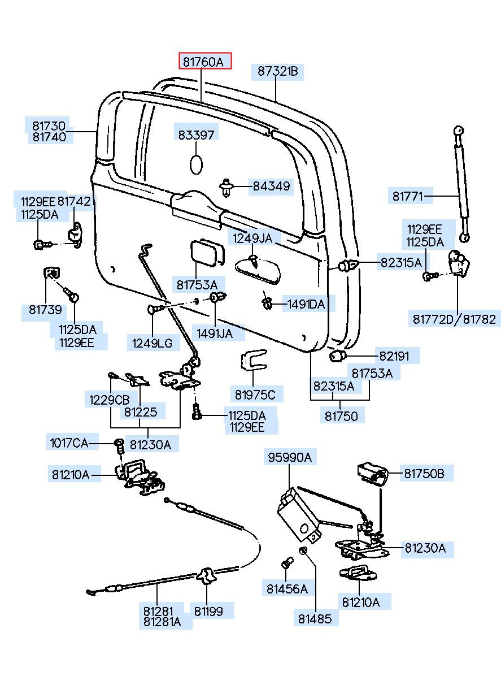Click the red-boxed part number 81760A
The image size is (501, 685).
tap(206, 62)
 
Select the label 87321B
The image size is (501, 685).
tap(277, 72)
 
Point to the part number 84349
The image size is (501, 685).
tap(271, 186)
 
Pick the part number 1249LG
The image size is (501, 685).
tap(152, 342)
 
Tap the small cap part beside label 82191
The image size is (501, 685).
tap(338, 357)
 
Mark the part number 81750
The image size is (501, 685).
tap(341, 417)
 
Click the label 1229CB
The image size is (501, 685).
tap(109, 399)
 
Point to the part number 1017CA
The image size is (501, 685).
tap(69, 443)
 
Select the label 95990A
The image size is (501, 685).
tap(289, 457)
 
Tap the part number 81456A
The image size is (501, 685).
tap(287, 589)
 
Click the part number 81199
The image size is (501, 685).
tap(208, 611)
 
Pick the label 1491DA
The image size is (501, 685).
tap(306, 305)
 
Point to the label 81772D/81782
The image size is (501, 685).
tap(454, 319)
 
